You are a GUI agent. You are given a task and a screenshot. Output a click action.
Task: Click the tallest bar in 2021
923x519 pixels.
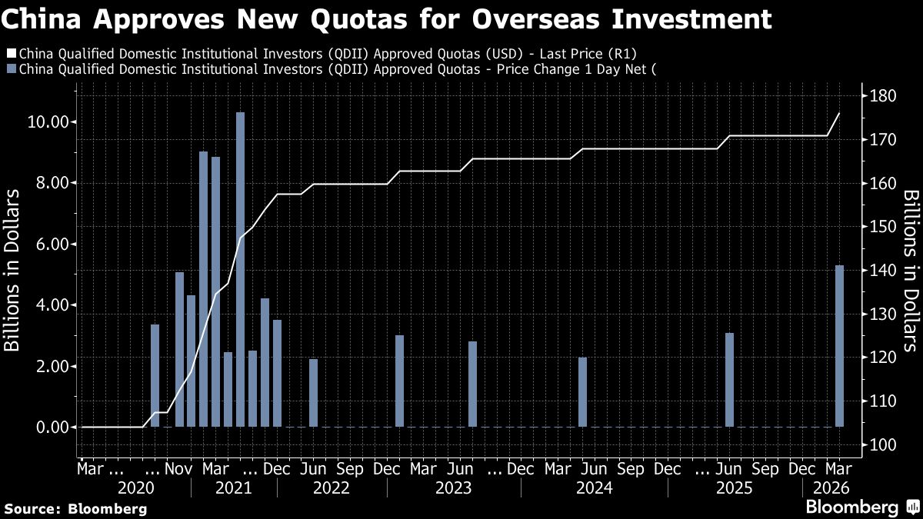pos(240,269)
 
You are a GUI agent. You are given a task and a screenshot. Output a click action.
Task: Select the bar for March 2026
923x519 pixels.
pos(839,346)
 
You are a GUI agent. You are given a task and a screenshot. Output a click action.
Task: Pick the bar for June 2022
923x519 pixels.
pos(313,393)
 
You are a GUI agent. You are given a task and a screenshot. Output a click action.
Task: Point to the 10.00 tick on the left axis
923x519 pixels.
pos(53,122)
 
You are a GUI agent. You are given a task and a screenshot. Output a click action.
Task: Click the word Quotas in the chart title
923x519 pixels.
pos(345,18)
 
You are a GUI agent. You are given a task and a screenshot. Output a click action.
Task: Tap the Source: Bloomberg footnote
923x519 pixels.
pos(75,508)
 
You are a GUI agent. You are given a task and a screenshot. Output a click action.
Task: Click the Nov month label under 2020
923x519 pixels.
pos(179,468)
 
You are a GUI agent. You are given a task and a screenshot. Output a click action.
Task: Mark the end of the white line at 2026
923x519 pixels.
pos(839,113)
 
